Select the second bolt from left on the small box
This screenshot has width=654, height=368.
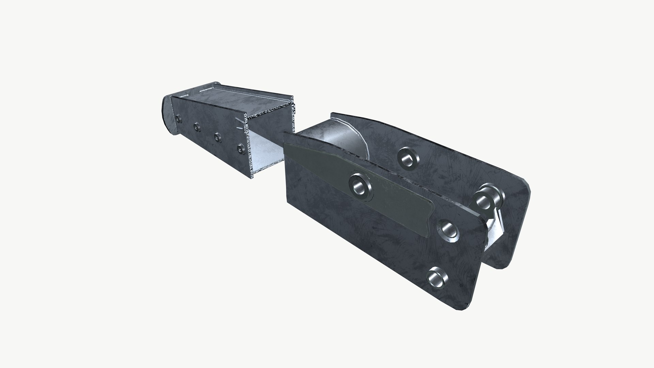(196, 127)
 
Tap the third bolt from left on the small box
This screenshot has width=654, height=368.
(217, 137)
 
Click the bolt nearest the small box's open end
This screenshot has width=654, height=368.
(241, 148)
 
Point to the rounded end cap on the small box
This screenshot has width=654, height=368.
(165, 114)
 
